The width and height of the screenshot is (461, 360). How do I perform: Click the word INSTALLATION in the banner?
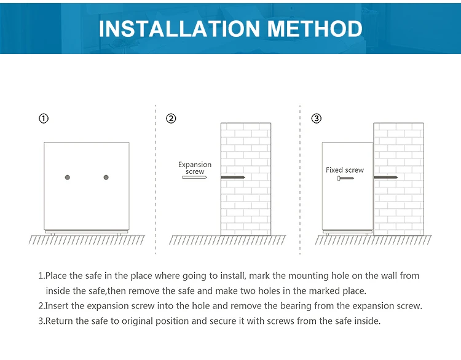[179, 29]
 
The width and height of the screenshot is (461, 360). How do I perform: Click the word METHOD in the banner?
[315, 29]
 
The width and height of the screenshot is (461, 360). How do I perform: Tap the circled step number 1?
[44, 119]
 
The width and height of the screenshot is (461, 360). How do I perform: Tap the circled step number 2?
[171, 119]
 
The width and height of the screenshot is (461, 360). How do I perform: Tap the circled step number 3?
[317, 119]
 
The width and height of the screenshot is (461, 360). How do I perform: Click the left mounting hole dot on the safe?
[68, 177]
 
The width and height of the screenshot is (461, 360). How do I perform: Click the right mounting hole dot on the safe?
[106, 177]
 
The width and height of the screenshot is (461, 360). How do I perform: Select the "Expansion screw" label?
[195, 168]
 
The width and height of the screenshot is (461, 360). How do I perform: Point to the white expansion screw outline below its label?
[194, 177]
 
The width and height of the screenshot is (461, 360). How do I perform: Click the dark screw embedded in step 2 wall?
[233, 177]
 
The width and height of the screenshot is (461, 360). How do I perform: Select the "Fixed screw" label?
[345, 170]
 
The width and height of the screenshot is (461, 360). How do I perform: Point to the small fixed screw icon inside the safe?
[345, 178]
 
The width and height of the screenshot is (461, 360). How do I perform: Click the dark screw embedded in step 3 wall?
[385, 177]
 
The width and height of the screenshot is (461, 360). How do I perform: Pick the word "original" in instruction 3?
[137, 321]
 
